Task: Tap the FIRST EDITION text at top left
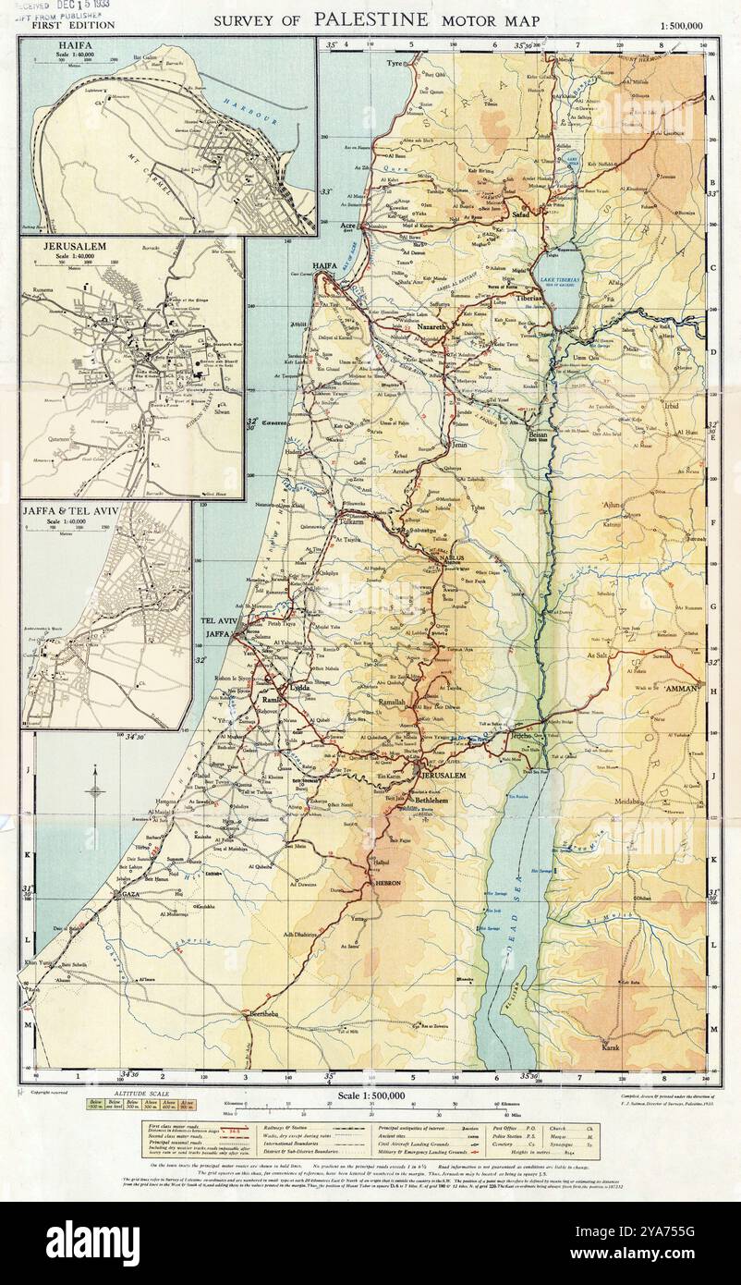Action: [73, 25]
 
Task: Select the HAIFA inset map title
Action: [53, 43]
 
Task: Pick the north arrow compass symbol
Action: [95, 789]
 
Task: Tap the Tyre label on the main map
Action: [396, 64]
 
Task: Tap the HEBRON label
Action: [385, 884]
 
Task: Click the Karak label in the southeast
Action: [610, 1046]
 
